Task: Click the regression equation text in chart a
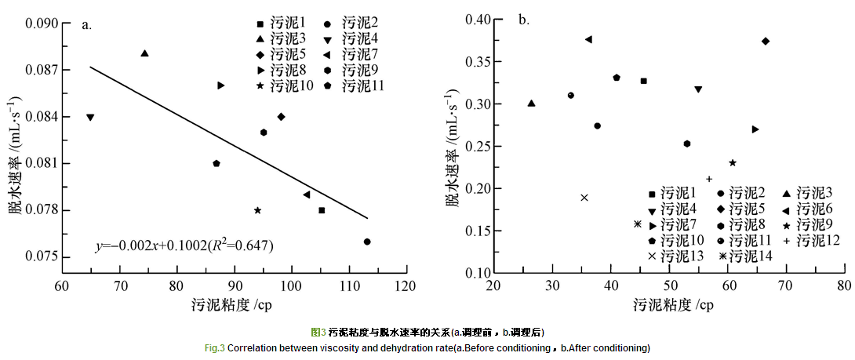[x=184, y=246]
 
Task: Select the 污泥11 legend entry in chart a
[x=357, y=85]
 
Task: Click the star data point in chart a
[x=257, y=210]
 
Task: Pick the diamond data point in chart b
[x=766, y=41]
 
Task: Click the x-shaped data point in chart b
[x=584, y=198]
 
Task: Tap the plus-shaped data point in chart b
[x=709, y=179]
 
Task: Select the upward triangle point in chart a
[x=144, y=53]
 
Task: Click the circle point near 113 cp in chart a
[x=367, y=242]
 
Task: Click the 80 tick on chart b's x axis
[x=844, y=284]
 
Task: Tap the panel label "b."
[x=523, y=20]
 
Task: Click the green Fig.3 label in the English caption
[x=215, y=347]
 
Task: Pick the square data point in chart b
[x=643, y=81]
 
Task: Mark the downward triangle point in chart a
[x=90, y=118]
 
